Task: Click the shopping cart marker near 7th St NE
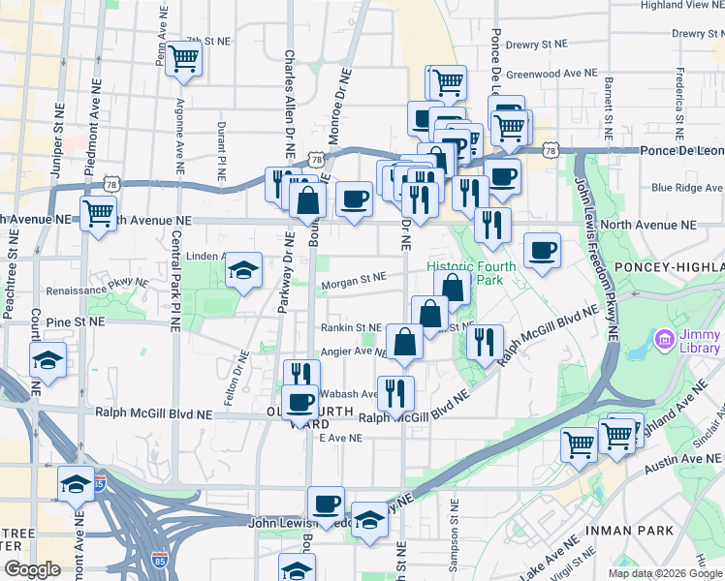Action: pos(182,59)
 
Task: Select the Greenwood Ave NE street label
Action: pos(552,74)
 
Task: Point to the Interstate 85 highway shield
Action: pos(160,559)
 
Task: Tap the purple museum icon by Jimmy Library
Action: pos(665,340)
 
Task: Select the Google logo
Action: pos(31,569)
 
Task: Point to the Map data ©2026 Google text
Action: pos(664,572)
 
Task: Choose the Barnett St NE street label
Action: pos(610,107)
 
